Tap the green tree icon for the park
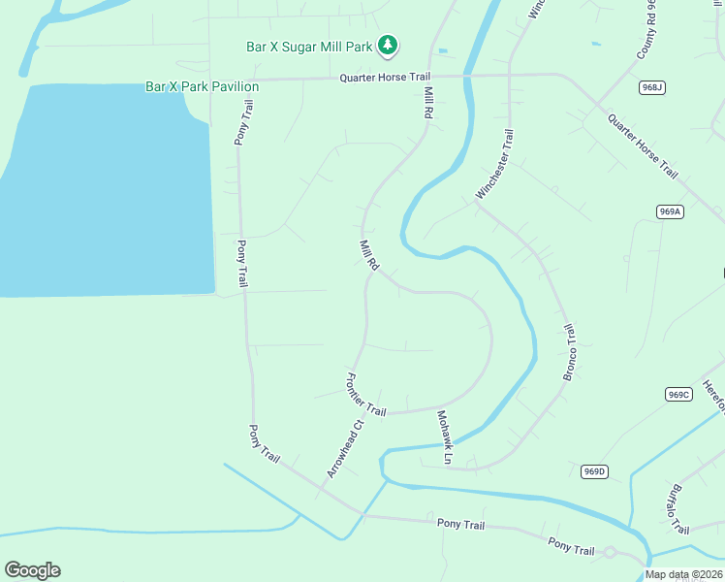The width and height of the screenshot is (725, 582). click(388, 45)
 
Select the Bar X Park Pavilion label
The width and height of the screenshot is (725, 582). click(202, 86)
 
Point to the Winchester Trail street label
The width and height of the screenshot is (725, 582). click(494, 165)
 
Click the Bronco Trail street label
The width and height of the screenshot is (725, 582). click(570, 350)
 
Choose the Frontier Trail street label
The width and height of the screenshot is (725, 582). click(365, 396)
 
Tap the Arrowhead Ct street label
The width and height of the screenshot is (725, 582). click(344, 449)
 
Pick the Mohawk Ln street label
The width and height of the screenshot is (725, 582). click(444, 436)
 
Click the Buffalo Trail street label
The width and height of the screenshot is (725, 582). click(677, 509)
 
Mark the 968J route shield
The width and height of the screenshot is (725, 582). click(652, 88)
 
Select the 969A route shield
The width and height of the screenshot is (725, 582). click(670, 211)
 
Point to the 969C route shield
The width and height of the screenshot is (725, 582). click(678, 394)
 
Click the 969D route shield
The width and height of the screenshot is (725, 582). click(594, 471)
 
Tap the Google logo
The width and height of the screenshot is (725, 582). click(32, 570)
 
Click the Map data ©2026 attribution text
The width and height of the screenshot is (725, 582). click(683, 574)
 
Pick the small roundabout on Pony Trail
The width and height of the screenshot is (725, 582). click(610, 553)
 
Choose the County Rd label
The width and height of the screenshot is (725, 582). click(648, 30)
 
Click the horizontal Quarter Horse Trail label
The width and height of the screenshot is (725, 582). click(384, 78)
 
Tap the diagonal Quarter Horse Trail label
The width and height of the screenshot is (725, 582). click(643, 145)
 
